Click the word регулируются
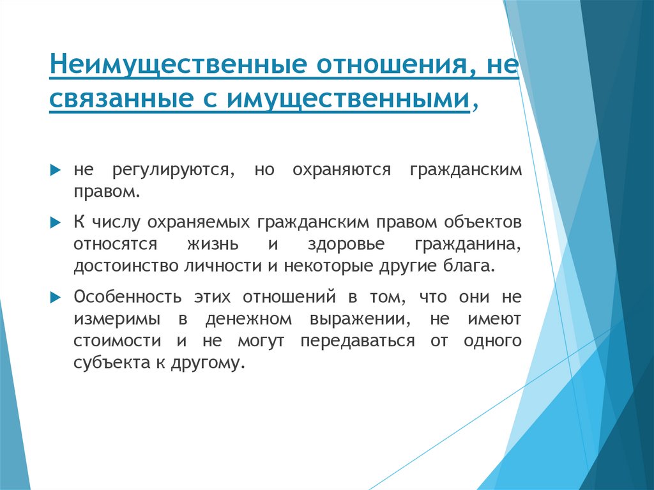point(171,171)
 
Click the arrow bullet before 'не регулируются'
point(56,171)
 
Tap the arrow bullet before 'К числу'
point(56,223)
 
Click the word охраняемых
point(200,223)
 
